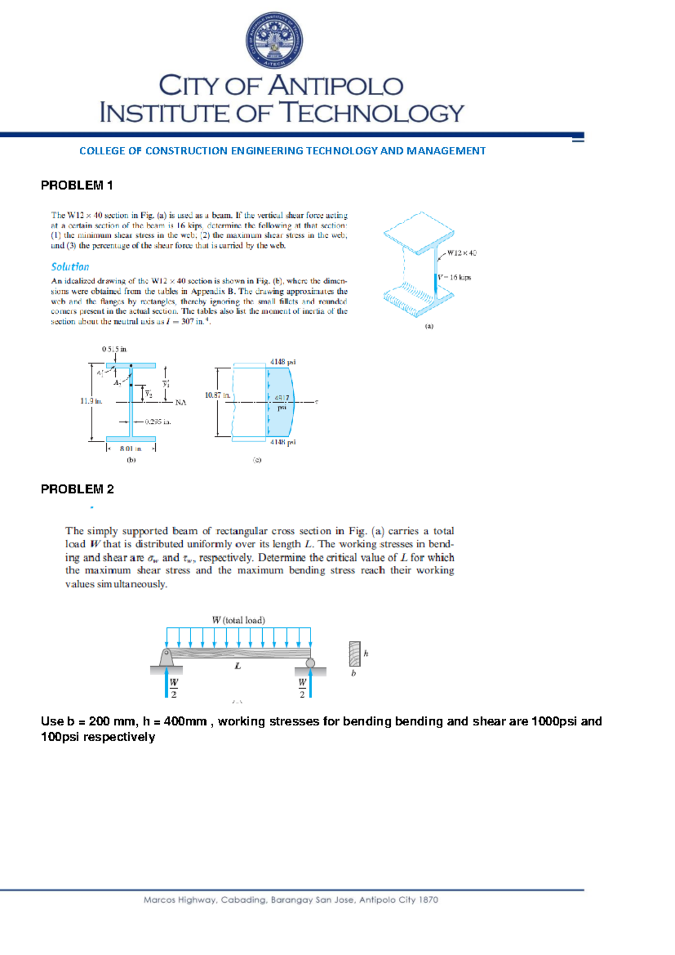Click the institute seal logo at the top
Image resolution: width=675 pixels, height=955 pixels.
coord(274,41)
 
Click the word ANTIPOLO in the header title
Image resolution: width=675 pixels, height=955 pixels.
coord(335,86)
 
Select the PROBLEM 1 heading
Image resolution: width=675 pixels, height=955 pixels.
coord(77,185)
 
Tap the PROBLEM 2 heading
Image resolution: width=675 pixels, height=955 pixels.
coord(77,489)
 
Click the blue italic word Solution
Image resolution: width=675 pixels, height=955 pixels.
coord(70,267)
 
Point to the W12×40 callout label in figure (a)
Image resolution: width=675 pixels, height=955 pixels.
coord(461,253)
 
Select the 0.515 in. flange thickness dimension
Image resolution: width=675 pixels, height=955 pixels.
coord(114,349)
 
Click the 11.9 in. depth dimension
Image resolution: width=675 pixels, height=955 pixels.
coord(91,401)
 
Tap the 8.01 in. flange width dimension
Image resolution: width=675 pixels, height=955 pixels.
coord(130,449)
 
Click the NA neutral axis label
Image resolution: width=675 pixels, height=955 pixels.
coord(181,403)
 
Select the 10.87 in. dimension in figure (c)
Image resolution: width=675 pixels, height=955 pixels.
coord(217,395)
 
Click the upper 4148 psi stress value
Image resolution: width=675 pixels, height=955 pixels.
coord(282,362)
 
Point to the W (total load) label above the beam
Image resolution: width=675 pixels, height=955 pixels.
coord(238,620)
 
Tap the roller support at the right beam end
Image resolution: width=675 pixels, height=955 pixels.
coord(310,663)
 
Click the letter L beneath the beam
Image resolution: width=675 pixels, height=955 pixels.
coord(238,666)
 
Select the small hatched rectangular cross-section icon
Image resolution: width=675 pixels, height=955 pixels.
coord(354,654)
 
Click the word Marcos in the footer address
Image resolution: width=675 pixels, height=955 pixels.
coord(159,900)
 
